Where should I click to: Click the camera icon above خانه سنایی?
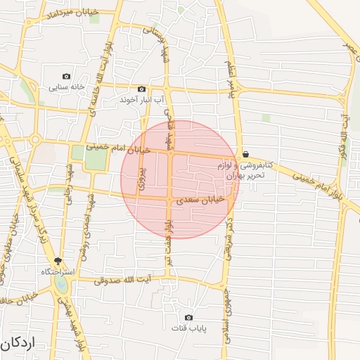(x=67, y=76)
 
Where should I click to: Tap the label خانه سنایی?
(x=67, y=88)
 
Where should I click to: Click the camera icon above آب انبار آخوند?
(x=142, y=89)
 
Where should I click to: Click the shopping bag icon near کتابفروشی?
(x=245, y=154)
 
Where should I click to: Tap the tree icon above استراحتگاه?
(x=67, y=260)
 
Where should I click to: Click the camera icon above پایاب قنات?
(x=188, y=317)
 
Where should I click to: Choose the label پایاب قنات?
(x=188, y=328)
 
